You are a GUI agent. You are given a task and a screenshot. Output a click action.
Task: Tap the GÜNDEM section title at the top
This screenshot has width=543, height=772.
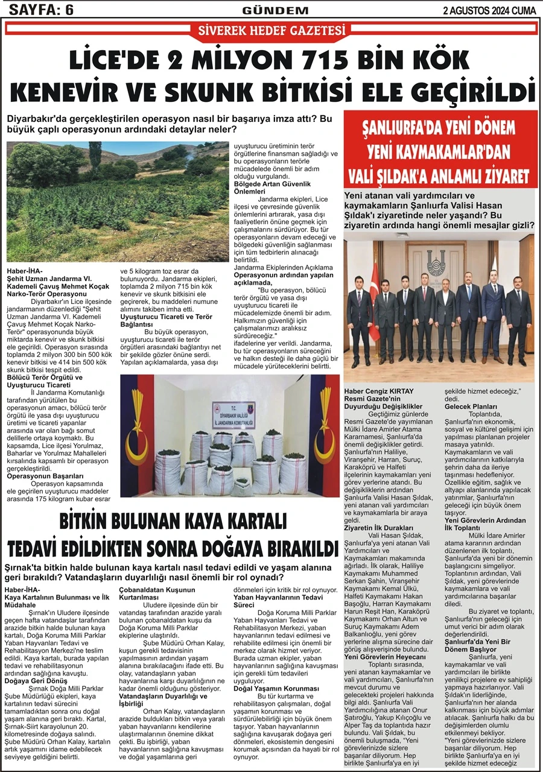pyautogui.click(x=275, y=10)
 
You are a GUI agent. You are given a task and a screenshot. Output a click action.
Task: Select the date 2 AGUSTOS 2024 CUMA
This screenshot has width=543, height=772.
pyautogui.click(x=490, y=10)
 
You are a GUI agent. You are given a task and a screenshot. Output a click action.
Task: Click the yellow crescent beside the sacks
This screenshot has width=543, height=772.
pyautogui.click(x=138, y=449)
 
